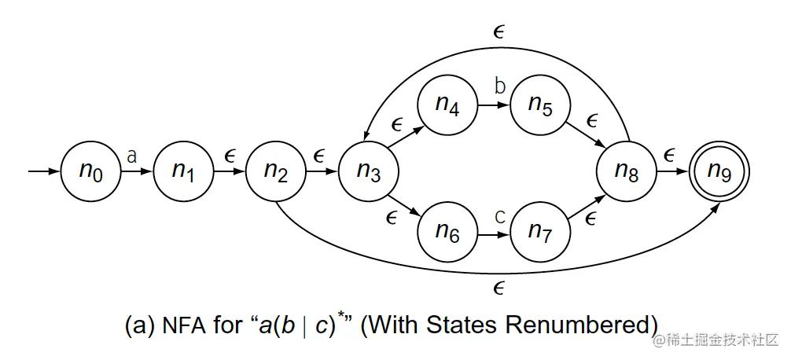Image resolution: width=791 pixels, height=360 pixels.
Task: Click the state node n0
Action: [x=90, y=171]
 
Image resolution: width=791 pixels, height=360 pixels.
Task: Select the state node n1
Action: [x=183, y=171]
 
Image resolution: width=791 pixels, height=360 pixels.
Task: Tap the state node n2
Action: [x=275, y=171]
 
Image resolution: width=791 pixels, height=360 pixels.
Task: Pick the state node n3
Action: [x=368, y=171]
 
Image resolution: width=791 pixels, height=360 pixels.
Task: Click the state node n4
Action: [x=447, y=107]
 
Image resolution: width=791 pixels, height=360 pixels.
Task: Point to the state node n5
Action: [x=539, y=107]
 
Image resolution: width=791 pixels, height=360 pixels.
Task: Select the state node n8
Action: [x=626, y=171]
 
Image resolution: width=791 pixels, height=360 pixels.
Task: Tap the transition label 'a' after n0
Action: [x=131, y=156]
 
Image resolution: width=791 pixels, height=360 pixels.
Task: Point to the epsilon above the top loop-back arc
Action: [x=498, y=31]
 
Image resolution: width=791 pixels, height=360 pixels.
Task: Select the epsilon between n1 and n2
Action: [x=230, y=156]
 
